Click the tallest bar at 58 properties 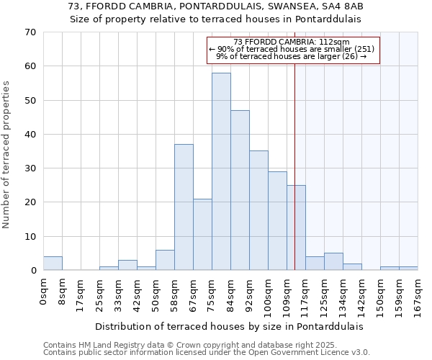point(221,171)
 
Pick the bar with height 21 point(202,234)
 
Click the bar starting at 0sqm point(53,264)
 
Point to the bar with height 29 point(277,220)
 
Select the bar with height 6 point(165,260)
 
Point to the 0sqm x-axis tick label point(44,290)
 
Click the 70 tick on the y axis point(30,32)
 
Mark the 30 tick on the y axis point(30,168)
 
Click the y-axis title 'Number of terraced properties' point(7,155)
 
